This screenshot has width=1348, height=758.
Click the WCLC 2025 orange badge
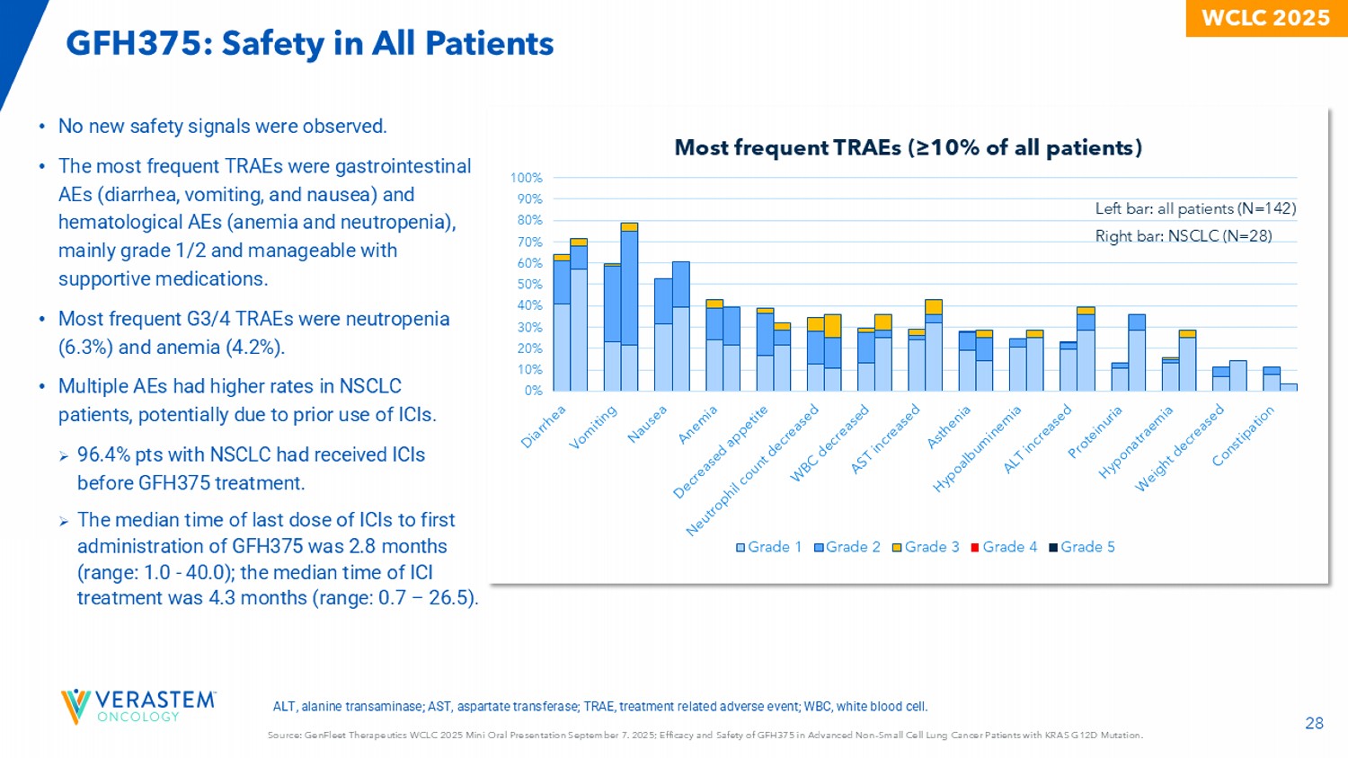[1265, 18]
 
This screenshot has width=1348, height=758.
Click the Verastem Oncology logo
[138, 706]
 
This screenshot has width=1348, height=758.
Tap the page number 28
[1314, 723]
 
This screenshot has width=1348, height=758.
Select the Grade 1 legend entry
[768, 547]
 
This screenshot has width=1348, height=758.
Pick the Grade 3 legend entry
[926, 547]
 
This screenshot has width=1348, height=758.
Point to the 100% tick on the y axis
[527, 178]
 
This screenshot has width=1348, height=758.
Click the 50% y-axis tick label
[528, 285]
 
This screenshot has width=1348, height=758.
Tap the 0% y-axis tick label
[532, 391]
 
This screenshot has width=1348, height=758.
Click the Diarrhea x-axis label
[545, 426]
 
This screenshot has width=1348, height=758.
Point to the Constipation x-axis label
[1244, 436]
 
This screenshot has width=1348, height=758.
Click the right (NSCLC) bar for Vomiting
[629, 307]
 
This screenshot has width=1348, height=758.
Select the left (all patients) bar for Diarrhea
[562, 323]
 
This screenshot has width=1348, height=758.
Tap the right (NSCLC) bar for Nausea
[680, 326]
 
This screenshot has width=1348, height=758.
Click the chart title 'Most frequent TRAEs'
[908, 147]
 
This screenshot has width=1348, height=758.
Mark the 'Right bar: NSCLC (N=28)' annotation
[1183, 236]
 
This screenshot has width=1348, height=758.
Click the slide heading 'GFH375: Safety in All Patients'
[310, 43]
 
